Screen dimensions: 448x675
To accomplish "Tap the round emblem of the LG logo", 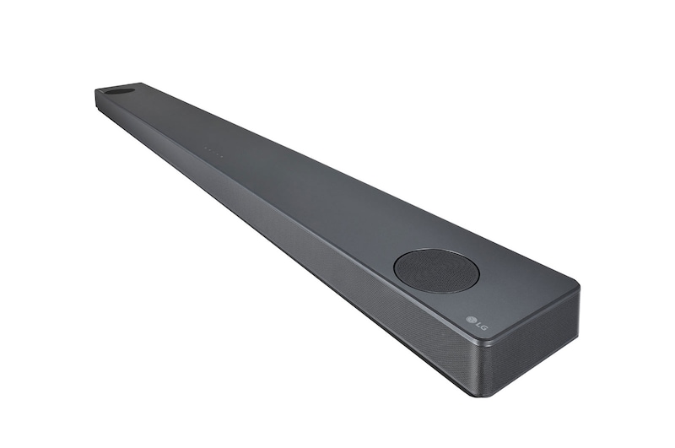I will point(471,318).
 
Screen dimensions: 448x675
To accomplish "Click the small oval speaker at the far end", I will point(120,90).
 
